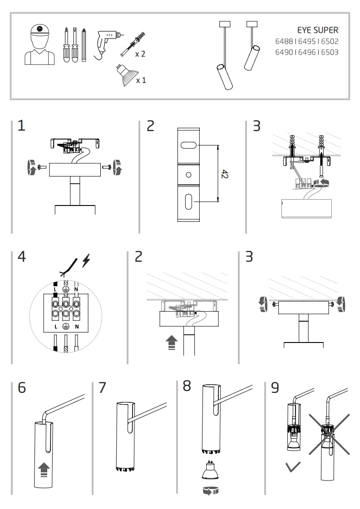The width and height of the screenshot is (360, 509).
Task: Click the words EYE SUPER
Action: pos(317,30)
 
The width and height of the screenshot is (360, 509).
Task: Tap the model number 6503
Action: pos(330,52)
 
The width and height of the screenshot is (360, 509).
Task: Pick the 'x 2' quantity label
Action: pos(140,54)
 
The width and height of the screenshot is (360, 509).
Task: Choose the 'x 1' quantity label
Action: pos(141,80)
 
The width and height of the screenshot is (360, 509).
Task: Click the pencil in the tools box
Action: pos(84,45)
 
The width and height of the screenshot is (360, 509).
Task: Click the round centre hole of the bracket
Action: pos(188,175)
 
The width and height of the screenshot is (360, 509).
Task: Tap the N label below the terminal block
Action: pos(77,327)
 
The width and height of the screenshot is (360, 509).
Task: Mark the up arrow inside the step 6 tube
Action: pos(44,469)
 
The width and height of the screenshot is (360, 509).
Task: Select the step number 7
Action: pos(102,387)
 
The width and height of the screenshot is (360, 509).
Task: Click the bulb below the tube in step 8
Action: pos(210,472)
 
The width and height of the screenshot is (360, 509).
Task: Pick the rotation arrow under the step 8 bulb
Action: pos(210,490)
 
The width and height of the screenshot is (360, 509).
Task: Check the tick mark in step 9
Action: pos(293,466)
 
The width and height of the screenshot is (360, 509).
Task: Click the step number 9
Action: pos(275,387)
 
